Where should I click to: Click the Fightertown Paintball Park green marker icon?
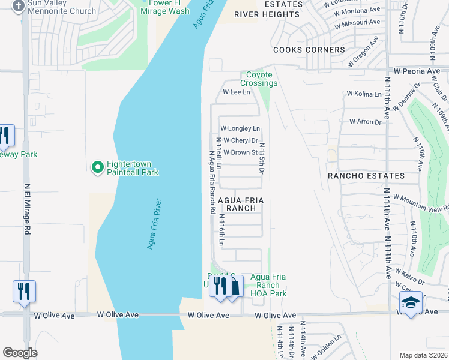pos(97,168)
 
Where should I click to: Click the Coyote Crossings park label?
pos(259,79)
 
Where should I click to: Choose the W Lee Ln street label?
pos(236,92)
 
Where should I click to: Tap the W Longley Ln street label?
pos(240,128)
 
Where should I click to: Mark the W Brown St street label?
pos(240,152)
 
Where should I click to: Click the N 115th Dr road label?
pos(262,158)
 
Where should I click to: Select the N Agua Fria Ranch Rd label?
pos(212,182)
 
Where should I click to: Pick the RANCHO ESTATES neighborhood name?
pos(366,176)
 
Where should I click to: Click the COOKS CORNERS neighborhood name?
pos(309,50)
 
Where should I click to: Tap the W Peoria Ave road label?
pos(418,71)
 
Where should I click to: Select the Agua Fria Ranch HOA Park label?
pos(268,285)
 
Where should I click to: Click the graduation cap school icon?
pos(411,302)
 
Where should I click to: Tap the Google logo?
pos(20,353)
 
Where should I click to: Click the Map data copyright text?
pos(424,355)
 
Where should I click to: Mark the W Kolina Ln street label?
pos(364,94)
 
